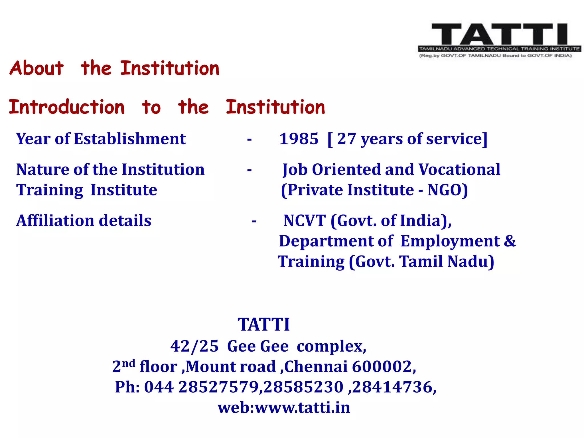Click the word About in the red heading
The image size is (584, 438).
click(x=36, y=68)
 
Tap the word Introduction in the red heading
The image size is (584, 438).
click(x=67, y=107)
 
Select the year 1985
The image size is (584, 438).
click(x=299, y=139)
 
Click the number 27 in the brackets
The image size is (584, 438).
click(x=346, y=139)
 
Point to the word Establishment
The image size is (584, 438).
click(x=130, y=139)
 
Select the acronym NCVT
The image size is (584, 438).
click(x=305, y=221)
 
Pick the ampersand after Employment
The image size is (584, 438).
click(x=510, y=241)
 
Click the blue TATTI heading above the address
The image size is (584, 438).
click(x=264, y=325)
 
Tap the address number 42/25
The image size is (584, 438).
click(x=194, y=346)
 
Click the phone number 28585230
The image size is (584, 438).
click(x=303, y=387)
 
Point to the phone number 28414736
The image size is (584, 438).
click(x=392, y=387)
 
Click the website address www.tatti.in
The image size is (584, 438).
click(x=302, y=407)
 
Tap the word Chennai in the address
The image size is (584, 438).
click(x=316, y=367)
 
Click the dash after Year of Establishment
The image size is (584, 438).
click(x=249, y=140)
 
